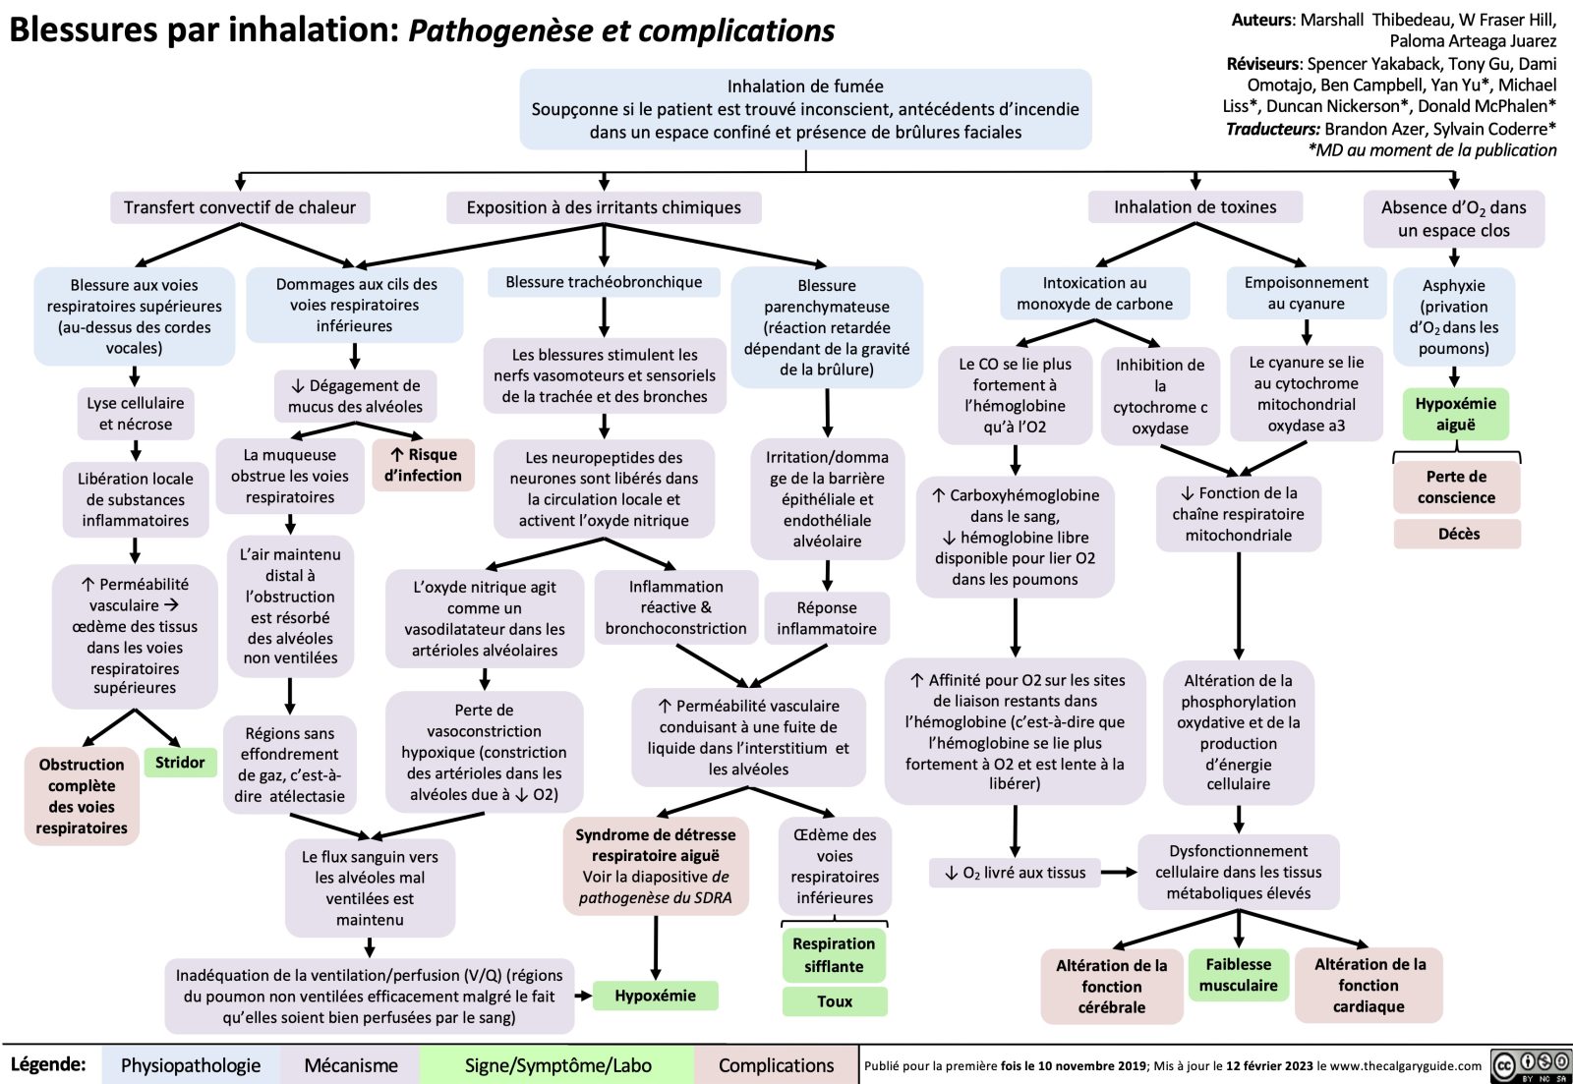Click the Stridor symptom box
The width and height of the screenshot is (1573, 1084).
[180, 763]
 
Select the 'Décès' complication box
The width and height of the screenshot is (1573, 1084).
[1457, 534]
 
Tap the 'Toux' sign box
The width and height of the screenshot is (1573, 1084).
[834, 1001]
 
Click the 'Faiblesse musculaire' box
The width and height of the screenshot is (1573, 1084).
[1238, 975]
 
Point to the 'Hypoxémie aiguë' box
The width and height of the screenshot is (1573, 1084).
[1455, 414]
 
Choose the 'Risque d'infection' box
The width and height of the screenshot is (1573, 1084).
[424, 465]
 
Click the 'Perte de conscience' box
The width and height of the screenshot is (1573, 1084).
[1456, 486]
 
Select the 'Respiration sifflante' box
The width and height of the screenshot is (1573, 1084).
[834, 954]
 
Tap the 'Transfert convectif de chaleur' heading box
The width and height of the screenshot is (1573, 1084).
[240, 207]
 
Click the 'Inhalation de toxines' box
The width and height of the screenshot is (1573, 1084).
[1194, 207]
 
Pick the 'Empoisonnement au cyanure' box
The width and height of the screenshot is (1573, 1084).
[1306, 293]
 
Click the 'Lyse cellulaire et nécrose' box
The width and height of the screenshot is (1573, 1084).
[136, 414]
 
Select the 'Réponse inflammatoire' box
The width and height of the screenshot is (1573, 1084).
[827, 618]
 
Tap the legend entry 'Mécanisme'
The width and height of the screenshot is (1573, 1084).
[351, 1065]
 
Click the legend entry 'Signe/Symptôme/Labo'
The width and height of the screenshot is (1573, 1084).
[557, 1065]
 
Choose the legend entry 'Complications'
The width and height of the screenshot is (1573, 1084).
[776, 1065]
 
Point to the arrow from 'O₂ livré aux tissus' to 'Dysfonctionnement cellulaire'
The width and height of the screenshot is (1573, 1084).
[1118, 872]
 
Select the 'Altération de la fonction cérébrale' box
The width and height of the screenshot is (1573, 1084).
[1111, 986]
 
